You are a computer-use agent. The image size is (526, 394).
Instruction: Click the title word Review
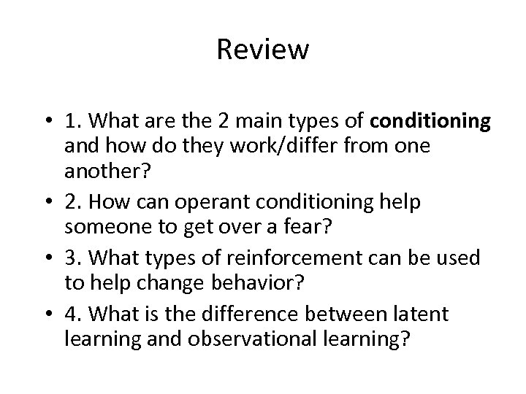click(263, 50)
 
